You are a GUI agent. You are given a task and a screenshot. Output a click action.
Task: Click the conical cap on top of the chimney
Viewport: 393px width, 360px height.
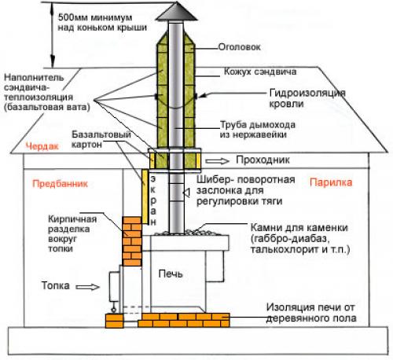(x=175, y=13)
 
